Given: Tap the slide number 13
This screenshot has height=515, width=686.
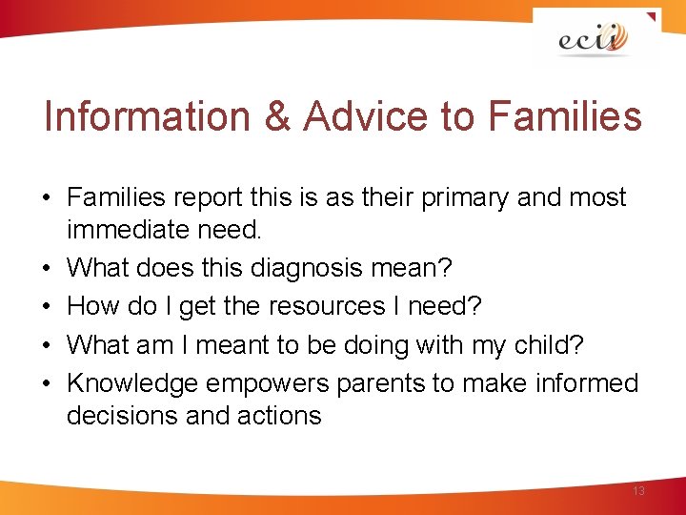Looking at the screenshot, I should [638, 490].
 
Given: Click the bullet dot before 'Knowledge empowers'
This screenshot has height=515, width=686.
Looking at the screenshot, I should [47, 384].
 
